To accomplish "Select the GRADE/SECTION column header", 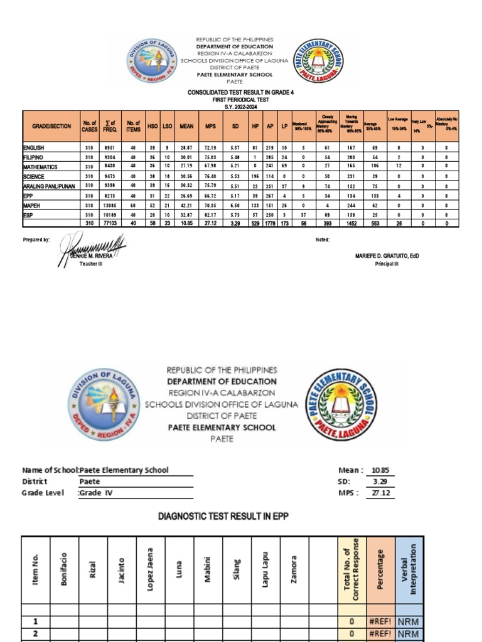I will [x=51, y=126].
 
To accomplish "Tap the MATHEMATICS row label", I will [x=41, y=167].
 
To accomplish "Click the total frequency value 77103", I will [x=110, y=223].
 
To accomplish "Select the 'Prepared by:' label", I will [x=36, y=239].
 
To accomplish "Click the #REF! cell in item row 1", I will [x=380, y=621].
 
